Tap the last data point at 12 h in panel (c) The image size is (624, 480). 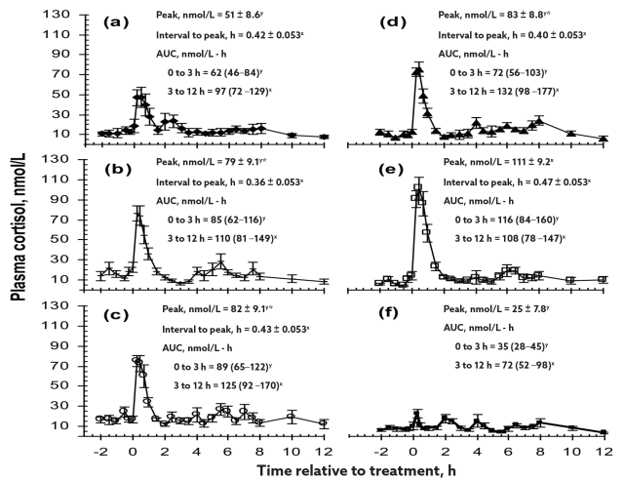pyautogui.click(x=324, y=423)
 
